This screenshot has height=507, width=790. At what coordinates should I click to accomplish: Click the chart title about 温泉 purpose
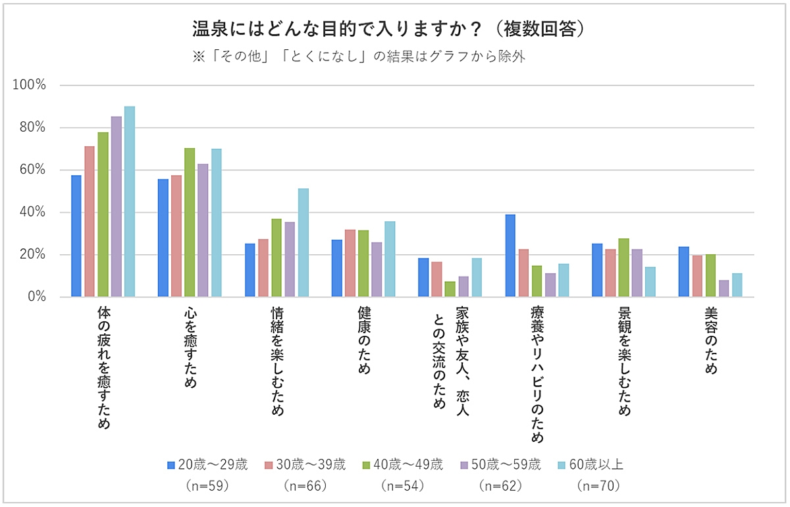tap(388, 30)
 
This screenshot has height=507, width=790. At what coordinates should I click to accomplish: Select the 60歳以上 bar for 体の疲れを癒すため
tap(130, 201)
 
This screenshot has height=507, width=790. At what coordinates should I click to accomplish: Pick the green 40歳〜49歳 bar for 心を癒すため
tap(190, 223)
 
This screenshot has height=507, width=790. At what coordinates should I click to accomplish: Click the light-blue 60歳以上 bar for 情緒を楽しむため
tap(303, 243)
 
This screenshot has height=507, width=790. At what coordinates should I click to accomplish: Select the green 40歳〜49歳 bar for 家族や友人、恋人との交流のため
tap(450, 290)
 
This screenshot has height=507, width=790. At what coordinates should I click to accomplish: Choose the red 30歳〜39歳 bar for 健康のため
tap(350, 263)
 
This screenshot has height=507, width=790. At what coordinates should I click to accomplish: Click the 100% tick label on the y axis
tap(32, 86)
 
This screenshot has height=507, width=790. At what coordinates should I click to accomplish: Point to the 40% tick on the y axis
tap(34, 213)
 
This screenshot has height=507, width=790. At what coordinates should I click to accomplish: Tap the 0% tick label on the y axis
tap(37, 297)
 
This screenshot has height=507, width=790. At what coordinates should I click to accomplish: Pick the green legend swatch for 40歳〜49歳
tap(367, 465)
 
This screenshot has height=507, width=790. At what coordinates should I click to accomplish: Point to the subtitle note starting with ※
tap(358, 57)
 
